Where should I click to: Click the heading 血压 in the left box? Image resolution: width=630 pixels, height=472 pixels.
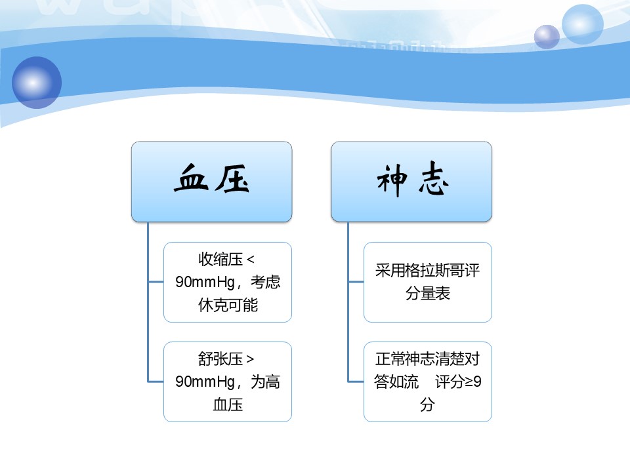click(x=211, y=178)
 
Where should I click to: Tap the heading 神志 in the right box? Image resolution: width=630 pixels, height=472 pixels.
click(x=412, y=179)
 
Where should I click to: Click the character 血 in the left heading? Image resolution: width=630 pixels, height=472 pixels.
click(x=191, y=178)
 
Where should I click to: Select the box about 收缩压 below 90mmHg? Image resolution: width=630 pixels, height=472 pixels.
click(x=228, y=282)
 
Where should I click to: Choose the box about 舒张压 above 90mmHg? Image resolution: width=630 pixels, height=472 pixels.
click(x=228, y=382)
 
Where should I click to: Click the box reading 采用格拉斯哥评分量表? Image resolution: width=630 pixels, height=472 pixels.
click(x=427, y=282)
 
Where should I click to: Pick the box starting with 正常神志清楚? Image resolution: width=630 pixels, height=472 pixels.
click(x=427, y=382)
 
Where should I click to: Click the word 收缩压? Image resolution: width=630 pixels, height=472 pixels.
click(x=220, y=260)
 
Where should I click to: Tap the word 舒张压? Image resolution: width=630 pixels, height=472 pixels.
click(x=220, y=359)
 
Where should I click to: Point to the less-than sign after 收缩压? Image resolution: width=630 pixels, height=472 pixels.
click(x=250, y=260)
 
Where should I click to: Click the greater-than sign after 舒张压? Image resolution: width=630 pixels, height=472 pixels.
click(x=250, y=359)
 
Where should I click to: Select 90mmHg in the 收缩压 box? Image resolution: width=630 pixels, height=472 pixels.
click(x=205, y=282)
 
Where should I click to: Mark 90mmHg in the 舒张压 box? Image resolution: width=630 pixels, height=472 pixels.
click(x=205, y=382)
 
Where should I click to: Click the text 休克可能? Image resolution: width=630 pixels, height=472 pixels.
click(x=228, y=305)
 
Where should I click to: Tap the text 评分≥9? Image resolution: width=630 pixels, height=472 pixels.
click(x=458, y=382)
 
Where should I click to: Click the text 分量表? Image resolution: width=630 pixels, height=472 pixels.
click(x=427, y=293)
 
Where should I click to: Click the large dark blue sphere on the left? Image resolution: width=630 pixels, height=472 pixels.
click(x=37, y=83)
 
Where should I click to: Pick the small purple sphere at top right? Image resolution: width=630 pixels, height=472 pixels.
click(x=547, y=37)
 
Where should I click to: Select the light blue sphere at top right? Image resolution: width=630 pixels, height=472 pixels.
click(x=582, y=24)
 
